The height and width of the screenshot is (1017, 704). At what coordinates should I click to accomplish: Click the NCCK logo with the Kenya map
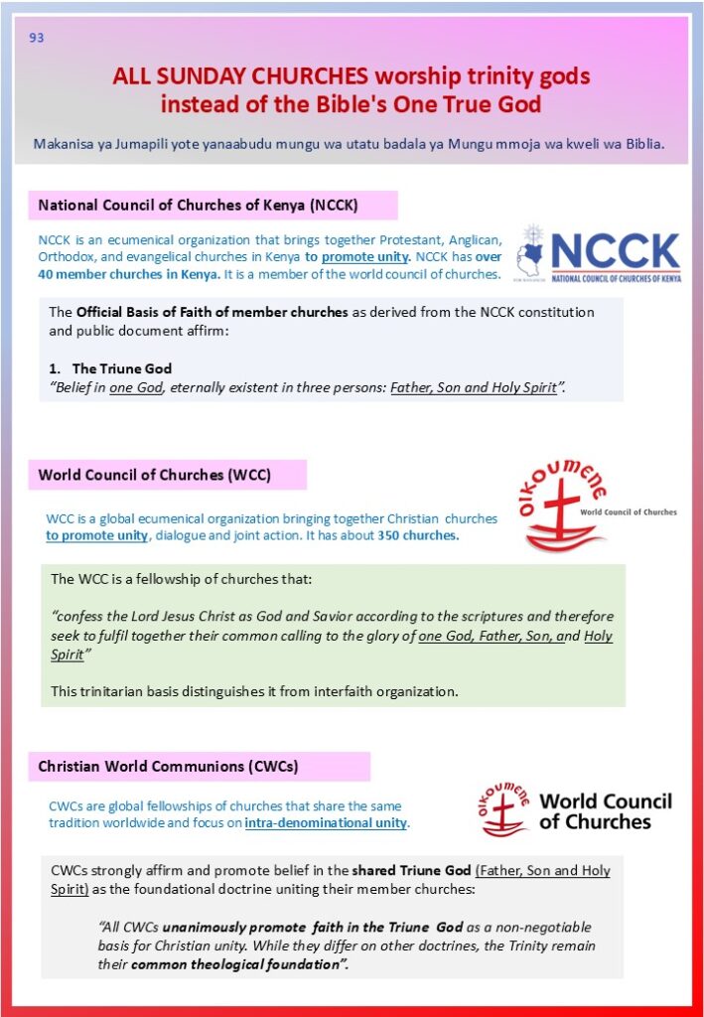(598, 254)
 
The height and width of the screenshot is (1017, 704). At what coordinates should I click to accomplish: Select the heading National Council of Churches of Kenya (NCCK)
(198, 206)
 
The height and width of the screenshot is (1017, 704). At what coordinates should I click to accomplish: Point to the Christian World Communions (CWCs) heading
(168, 767)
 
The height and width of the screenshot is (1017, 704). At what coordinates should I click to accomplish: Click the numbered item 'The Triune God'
(123, 368)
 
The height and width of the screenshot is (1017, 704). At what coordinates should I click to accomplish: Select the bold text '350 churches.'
(417, 535)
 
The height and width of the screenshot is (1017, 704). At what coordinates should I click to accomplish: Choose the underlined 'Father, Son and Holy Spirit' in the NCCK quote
(473, 387)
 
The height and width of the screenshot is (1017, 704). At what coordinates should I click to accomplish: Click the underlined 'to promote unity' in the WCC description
(96, 535)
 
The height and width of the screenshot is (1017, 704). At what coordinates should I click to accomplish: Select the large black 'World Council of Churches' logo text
(605, 811)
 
